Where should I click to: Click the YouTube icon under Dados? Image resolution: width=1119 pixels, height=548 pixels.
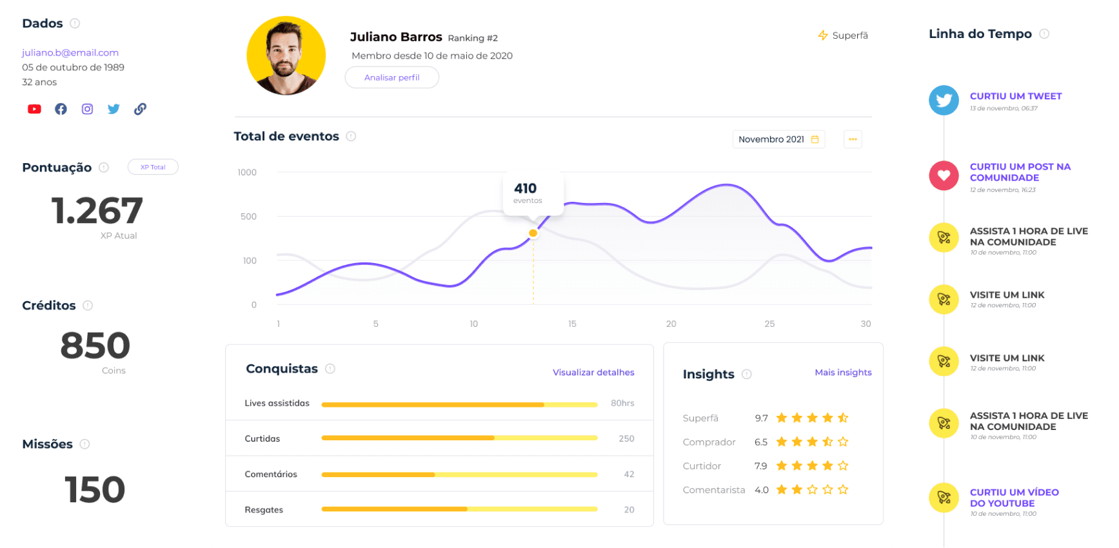pos(34,109)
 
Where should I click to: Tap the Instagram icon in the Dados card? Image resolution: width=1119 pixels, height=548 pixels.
pos(87,109)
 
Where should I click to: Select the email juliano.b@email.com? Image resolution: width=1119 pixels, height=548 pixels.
pos(70,53)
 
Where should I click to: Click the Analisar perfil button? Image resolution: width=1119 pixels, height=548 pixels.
pos(391,77)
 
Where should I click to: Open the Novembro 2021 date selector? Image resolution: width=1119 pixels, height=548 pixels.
pos(778,139)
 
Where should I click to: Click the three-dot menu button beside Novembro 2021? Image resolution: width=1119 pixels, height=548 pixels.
pos(853,139)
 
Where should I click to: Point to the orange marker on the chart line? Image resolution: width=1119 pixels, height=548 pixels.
pos(533,233)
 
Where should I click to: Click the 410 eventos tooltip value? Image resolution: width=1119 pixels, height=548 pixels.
pos(526,188)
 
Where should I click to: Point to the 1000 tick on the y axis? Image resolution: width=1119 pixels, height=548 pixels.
pos(247,172)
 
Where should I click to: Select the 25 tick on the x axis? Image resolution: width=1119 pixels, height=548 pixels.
pos(769,324)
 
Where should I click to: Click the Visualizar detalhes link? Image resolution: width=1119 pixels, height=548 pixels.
pos(593,373)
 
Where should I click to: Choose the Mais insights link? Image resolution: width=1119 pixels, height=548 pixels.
pos(843,373)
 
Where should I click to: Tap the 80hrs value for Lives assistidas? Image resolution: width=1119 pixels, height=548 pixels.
pos(622,404)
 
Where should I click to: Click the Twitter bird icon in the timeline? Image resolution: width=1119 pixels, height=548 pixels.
pos(944,101)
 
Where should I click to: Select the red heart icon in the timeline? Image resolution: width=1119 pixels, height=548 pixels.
pos(944,175)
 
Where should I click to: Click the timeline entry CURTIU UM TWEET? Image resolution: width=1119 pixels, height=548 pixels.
pos(1016,96)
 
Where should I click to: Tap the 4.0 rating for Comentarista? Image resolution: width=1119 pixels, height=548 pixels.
pos(762,490)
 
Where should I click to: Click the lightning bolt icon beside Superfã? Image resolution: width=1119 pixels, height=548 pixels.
pos(823,35)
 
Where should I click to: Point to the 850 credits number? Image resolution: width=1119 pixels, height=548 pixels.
pos(95,346)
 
